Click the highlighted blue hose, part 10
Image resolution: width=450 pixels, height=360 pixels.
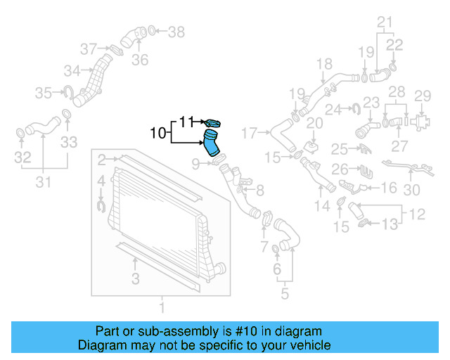pos(212,143)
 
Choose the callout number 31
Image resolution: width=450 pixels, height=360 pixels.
pos(43,184)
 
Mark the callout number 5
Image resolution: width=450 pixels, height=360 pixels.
pos(284,292)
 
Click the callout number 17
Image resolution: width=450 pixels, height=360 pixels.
pos(250,132)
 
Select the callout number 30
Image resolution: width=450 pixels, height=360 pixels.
pos(412,189)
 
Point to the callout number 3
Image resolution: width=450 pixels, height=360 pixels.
pos(135,278)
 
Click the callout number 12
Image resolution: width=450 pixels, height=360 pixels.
pos(417,212)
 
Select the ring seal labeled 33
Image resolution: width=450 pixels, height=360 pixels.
pos(66,115)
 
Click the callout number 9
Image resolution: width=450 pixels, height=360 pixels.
pos(196,165)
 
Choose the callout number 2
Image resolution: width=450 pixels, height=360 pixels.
pos(102,159)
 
